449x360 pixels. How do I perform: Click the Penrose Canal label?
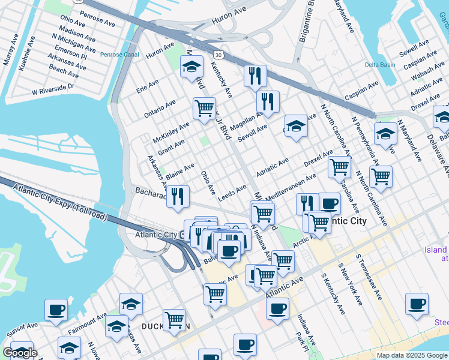pyautogui.click(x=119, y=55)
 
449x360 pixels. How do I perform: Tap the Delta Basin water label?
pyautogui.click(x=380, y=64)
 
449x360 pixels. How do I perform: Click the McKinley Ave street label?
pyautogui.click(x=170, y=130)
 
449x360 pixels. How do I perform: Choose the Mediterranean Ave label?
pyautogui.click(x=290, y=187)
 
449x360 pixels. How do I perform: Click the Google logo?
pyautogui.click(x=20, y=353)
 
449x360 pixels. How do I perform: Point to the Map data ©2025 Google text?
pyautogui.click(x=411, y=355)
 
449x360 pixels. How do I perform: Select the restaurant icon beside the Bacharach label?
pyautogui.click(x=178, y=197)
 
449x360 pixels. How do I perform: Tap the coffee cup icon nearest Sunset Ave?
pyautogui.click(x=56, y=310)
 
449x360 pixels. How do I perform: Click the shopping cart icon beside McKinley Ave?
pyautogui.click(x=204, y=109)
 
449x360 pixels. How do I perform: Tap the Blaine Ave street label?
pyautogui.click(x=180, y=170)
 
